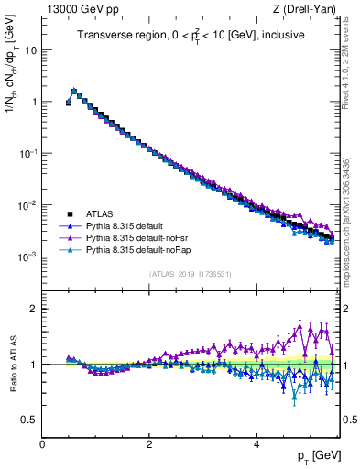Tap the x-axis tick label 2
point(149,444)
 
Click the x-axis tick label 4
point(256,444)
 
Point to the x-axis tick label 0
point(42,444)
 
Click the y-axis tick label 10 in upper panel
point(30,50)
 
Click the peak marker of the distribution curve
point(74,91)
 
